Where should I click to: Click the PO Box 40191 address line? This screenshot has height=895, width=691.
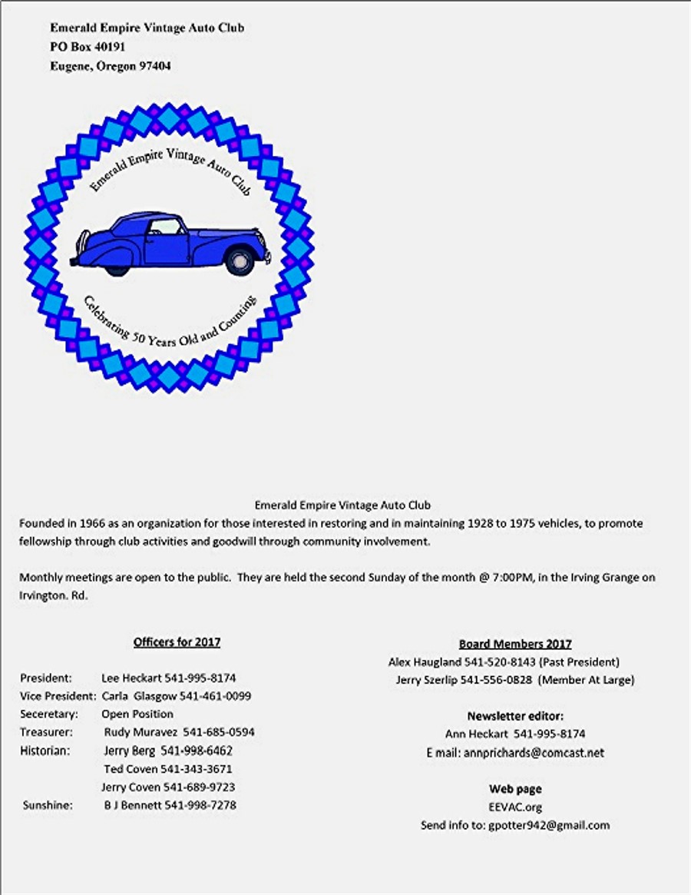tap(88, 46)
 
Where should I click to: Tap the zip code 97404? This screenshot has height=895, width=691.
tap(155, 66)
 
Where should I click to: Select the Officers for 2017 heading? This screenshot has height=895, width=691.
tap(177, 641)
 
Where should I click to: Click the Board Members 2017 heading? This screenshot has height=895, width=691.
tap(515, 644)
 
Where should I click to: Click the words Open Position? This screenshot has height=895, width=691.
tap(137, 714)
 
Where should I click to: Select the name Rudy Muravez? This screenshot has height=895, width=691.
tap(140, 732)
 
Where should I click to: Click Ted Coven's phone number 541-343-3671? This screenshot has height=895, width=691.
tap(197, 769)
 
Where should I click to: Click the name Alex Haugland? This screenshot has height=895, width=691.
tap(425, 661)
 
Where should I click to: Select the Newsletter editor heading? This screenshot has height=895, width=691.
tap(515, 716)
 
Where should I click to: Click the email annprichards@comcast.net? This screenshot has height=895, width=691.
tap(534, 753)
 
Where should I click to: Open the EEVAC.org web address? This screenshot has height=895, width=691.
tap(515, 807)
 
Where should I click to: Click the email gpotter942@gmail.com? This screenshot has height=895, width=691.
tap(549, 825)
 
